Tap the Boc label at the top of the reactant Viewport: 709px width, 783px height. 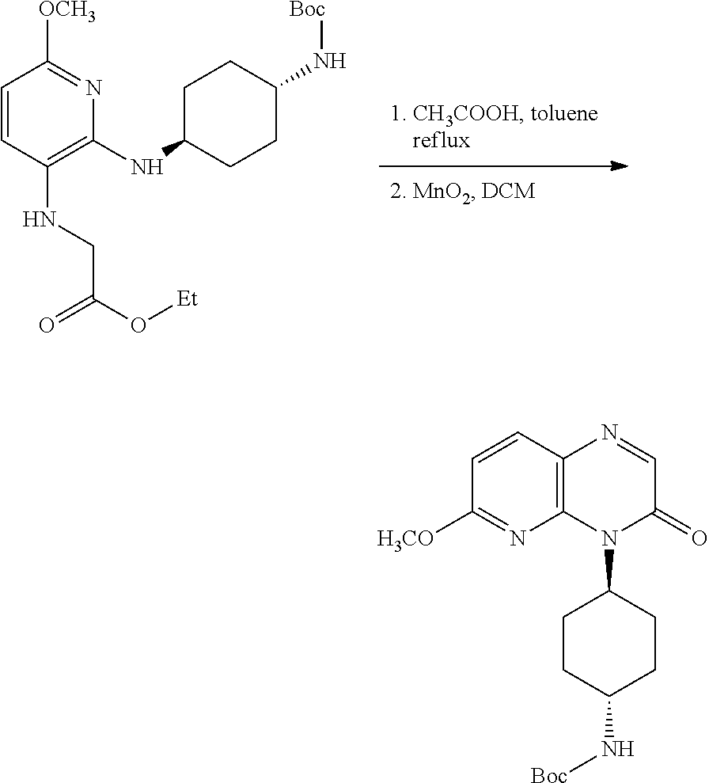tap(309, 10)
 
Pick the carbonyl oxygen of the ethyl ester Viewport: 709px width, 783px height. tap(47, 325)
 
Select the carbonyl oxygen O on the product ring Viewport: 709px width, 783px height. tap(698, 539)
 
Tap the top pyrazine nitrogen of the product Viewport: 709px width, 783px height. tap(608, 433)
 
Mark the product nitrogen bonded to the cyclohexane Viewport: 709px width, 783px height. tap(608, 540)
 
